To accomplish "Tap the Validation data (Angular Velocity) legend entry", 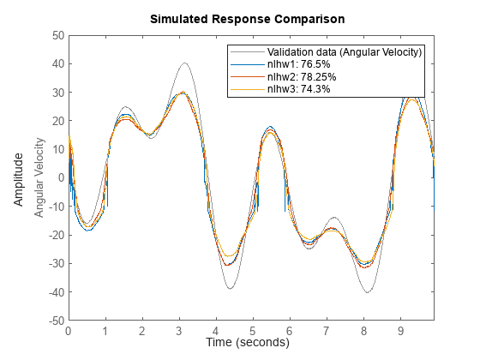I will pos(344,51).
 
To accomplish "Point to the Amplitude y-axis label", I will pos(19,178).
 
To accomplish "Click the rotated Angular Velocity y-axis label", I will pos(39,178).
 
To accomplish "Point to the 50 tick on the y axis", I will pos(57,35).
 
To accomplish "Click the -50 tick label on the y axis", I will pos(54,320).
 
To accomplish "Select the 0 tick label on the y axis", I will pos(60,177).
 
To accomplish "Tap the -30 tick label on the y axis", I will pos(54,263).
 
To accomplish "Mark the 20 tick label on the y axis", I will pos(57,121).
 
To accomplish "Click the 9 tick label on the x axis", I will pos(400,330).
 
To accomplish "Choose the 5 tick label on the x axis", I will pos(253,330).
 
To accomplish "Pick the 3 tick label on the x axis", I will pos(179,330).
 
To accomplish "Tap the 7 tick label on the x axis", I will pos(327,330).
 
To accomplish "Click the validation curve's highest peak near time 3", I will pos(184,63).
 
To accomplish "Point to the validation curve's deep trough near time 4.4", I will pos(231,288).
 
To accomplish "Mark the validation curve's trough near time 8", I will pos(368,292).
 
